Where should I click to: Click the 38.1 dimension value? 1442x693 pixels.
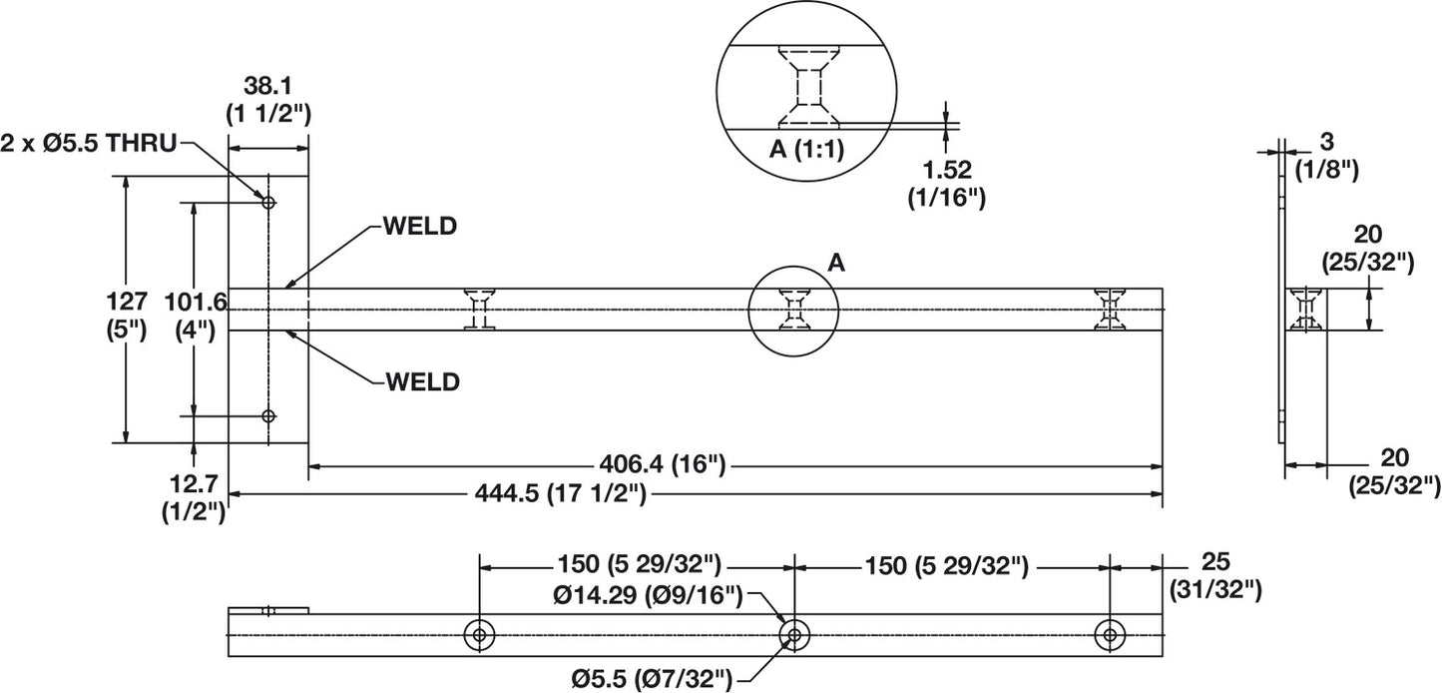(x=267, y=86)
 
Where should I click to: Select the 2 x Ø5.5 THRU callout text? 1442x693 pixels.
(x=88, y=143)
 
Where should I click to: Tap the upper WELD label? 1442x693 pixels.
(x=420, y=226)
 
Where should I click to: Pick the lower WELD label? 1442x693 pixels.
(x=423, y=381)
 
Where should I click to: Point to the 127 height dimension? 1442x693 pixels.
(x=127, y=302)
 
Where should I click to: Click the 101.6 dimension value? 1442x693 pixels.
(x=197, y=302)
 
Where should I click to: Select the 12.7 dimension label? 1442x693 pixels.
(x=194, y=483)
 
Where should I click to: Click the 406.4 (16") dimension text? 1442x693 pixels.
(x=663, y=463)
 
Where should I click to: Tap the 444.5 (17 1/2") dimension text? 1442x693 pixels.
(x=560, y=494)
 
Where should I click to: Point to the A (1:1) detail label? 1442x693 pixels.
(x=806, y=150)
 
